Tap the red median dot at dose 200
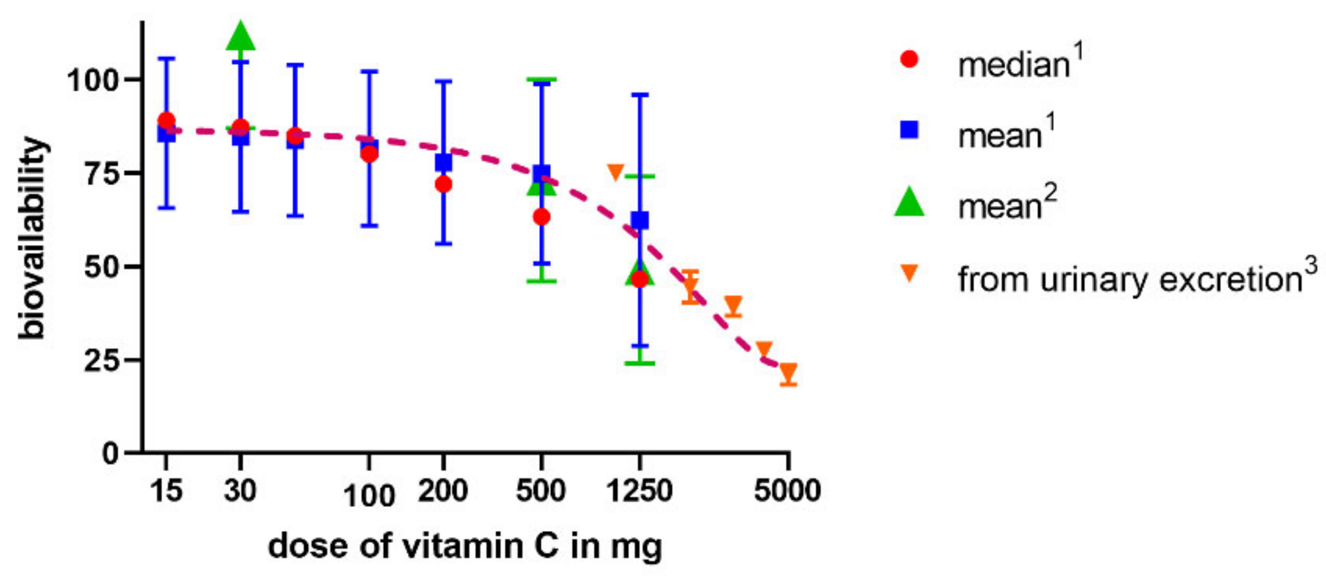click(x=443, y=185)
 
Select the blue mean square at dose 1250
click(x=640, y=221)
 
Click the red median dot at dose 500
click(x=541, y=217)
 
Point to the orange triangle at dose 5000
click(x=788, y=372)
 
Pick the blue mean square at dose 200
click(x=443, y=162)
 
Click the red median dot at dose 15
click(x=166, y=120)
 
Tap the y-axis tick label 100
click(x=93, y=80)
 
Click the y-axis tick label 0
click(x=110, y=454)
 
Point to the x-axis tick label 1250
click(x=640, y=491)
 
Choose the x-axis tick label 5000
click(x=788, y=491)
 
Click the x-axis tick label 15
click(x=166, y=491)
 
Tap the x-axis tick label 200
click(x=443, y=491)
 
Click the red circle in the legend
click(x=909, y=59)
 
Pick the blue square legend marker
click(x=909, y=130)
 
